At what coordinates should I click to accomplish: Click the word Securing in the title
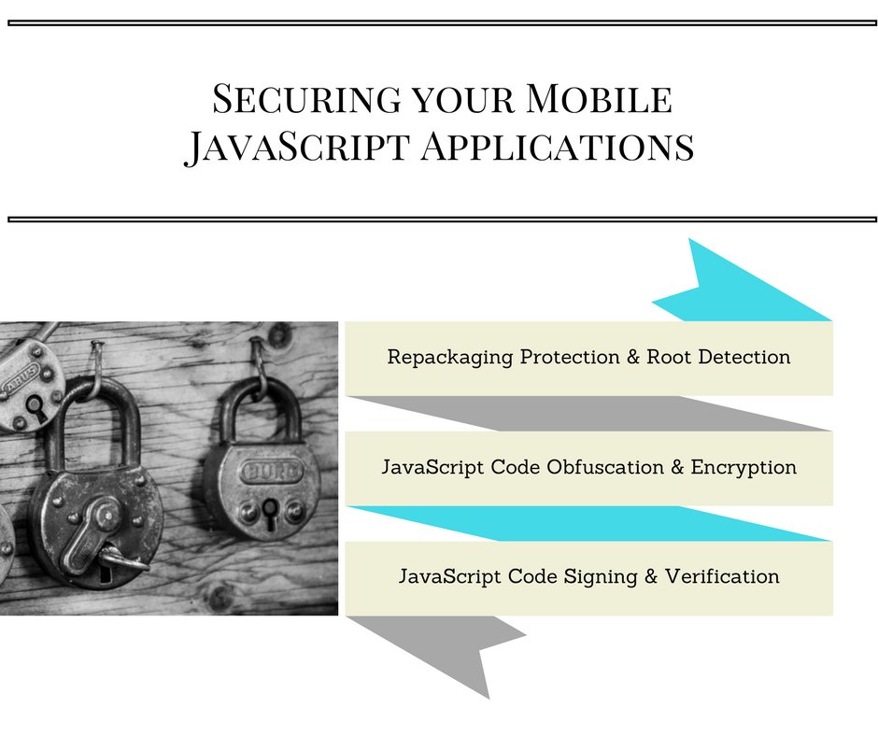307,99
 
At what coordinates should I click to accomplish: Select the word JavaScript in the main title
297,148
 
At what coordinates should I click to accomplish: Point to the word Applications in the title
558,147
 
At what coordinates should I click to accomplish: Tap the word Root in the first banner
669,357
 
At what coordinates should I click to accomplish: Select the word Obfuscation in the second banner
604,467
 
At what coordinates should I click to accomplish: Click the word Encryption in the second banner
743,468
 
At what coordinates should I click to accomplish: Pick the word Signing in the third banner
601,577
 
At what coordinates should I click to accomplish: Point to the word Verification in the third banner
722,576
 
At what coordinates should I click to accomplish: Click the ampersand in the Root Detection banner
633,357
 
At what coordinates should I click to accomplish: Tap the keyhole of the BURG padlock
270,513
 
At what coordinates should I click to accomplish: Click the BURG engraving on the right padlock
271,472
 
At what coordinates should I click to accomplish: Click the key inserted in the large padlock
120,559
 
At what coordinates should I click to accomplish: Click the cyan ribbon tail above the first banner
739,286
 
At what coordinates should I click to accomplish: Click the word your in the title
463,101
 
